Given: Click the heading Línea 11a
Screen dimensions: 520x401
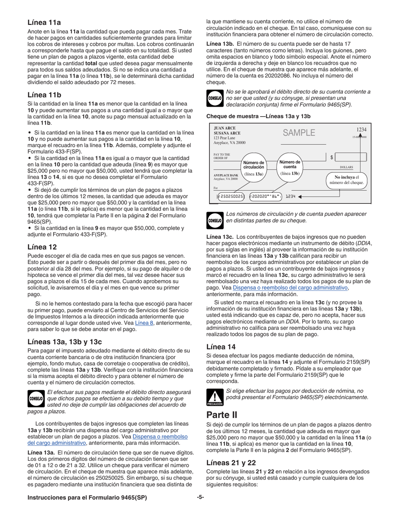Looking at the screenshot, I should pos(44,22).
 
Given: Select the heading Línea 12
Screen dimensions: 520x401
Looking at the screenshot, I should pos(42,247).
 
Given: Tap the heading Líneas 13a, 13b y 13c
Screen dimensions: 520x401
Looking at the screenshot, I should pos(65,342).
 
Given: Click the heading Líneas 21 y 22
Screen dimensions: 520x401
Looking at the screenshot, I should pos(231,463).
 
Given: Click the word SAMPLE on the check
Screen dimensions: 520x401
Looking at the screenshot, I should pos(299,133).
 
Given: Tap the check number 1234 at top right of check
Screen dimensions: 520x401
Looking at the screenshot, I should pos(361,130).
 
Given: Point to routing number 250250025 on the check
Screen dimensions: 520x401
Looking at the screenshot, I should pos(230,196).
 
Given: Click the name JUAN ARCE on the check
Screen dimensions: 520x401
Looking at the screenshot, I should pos(225,128).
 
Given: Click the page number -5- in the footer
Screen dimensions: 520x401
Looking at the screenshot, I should pos(200,497).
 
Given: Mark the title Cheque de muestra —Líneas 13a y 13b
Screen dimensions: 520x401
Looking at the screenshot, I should pos(258,115).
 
